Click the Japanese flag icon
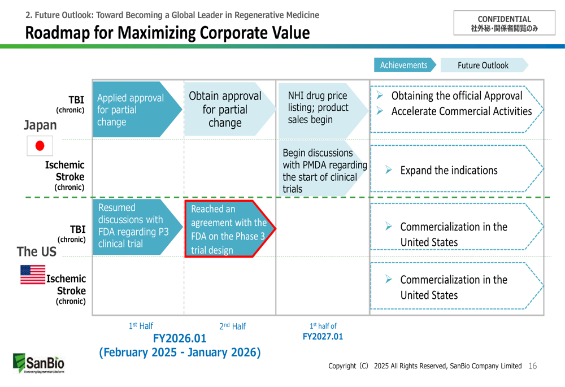pyautogui.click(x=40, y=146)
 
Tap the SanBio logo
pyautogui.click(x=38, y=363)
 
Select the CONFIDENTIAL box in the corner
pyautogui.click(x=504, y=23)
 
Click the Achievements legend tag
pyautogui.click(x=404, y=66)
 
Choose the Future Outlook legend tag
pyautogui.click(x=483, y=66)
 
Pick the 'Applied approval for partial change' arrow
pyautogui.click(x=133, y=110)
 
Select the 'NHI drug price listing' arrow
pyautogui.click(x=319, y=108)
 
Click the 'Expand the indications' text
pyautogui.click(x=449, y=171)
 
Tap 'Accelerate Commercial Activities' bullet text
pyautogui.click(x=461, y=112)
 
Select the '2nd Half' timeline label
pyautogui.click(x=232, y=327)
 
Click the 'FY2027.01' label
pyautogui.click(x=323, y=337)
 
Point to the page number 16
pyautogui.click(x=532, y=366)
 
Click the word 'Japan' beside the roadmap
pyautogui.click(x=40, y=125)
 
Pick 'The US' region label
pyautogui.click(x=37, y=251)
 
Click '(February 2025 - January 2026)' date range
pyautogui.click(x=180, y=353)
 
